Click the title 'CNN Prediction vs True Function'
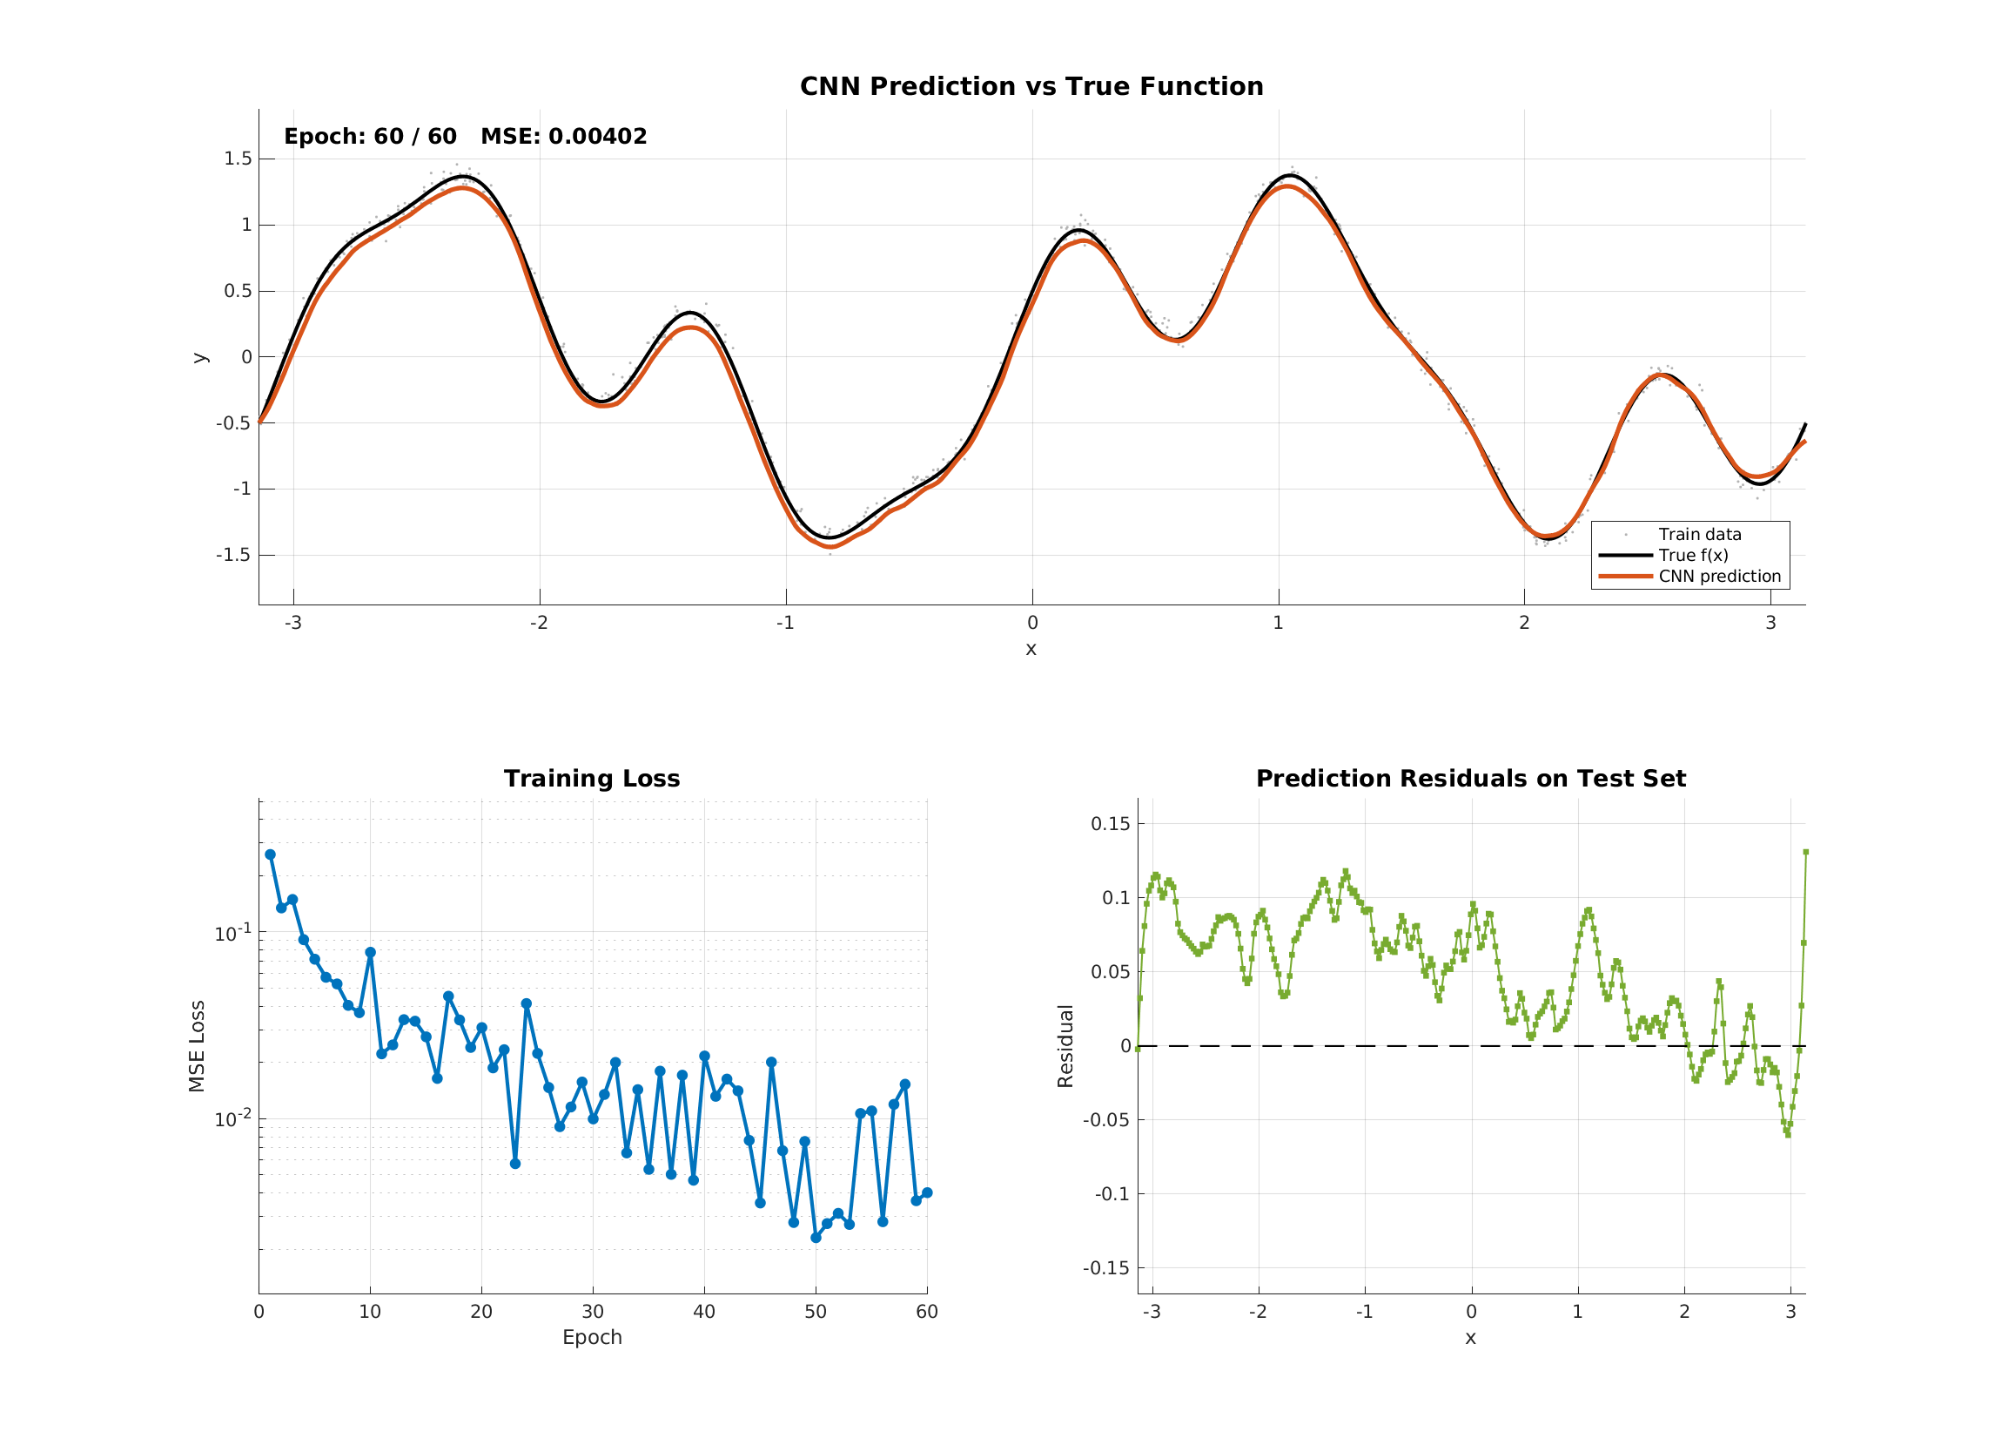click(x=1031, y=86)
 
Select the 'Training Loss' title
click(x=592, y=779)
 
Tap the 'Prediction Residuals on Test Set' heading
click(x=1471, y=779)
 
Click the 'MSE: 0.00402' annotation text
click(x=564, y=137)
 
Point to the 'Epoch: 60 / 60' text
click(x=370, y=137)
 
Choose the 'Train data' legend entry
click(x=1699, y=534)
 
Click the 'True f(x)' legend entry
click(x=1693, y=556)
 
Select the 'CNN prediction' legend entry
click(x=1720, y=577)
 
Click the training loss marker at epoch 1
click(x=270, y=854)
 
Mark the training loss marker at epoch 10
click(x=370, y=952)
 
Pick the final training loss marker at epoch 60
click(x=927, y=1192)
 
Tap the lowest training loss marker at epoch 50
click(x=816, y=1237)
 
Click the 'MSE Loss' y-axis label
click(x=197, y=1046)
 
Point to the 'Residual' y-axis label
click(x=1065, y=1046)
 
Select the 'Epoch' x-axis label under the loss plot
click(x=592, y=1338)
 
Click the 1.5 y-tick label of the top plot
click(x=238, y=159)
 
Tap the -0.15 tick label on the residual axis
click(x=1105, y=1268)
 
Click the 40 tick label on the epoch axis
click(x=703, y=1312)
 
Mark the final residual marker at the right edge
click(x=1806, y=852)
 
